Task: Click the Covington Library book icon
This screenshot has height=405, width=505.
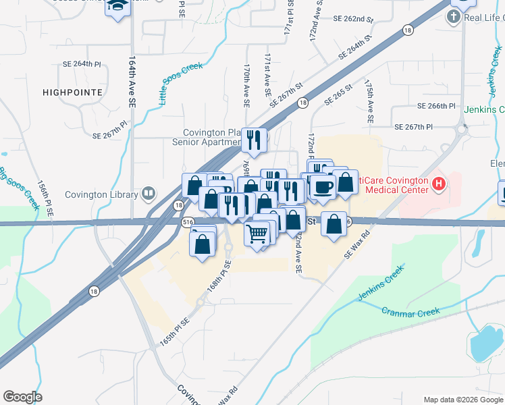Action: (x=148, y=194)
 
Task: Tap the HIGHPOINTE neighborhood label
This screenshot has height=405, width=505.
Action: (x=72, y=92)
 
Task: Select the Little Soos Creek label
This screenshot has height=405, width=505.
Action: (x=180, y=83)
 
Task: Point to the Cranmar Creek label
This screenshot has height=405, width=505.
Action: (x=410, y=312)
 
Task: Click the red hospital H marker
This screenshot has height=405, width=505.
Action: (x=439, y=183)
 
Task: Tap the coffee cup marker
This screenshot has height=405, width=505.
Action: (x=323, y=188)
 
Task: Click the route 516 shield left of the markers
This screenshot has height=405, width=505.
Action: (x=188, y=221)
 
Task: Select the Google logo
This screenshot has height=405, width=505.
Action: (x=22, y=397)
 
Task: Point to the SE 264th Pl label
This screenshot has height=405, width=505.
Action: (x=81, y=63)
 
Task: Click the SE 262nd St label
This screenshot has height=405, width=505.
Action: (x=352, y=20)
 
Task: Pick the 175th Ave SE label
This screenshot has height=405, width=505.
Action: (x=369, y=101)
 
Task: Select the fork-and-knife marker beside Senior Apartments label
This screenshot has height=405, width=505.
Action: (x=255, y=140)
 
